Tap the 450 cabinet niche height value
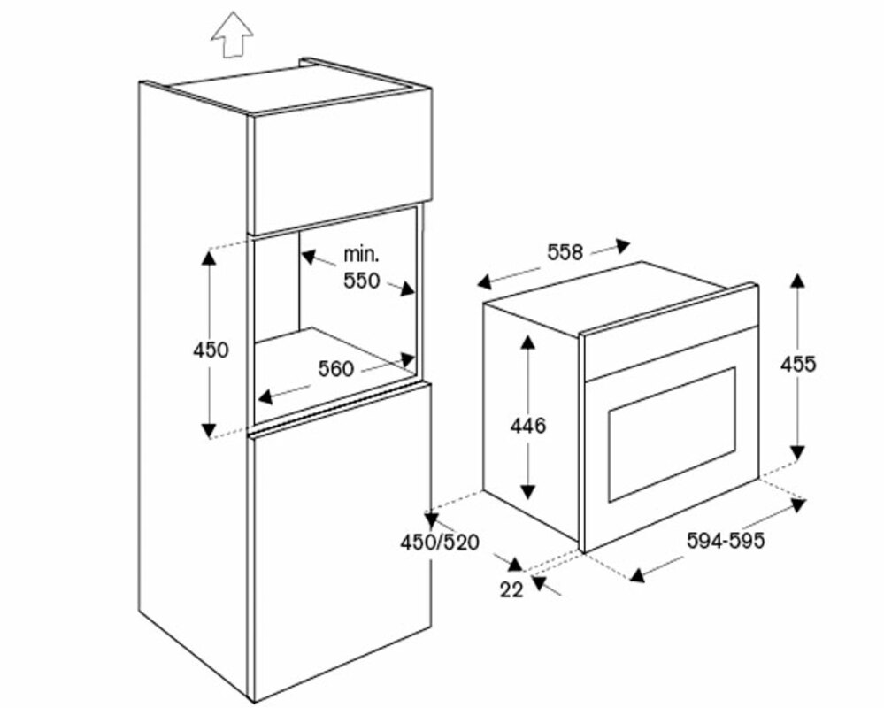211,350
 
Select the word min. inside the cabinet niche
361,255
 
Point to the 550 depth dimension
361,281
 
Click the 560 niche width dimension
335,368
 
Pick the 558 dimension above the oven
565,252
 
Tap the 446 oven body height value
528,426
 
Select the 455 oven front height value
798,363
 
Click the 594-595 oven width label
726,541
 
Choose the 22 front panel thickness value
511,588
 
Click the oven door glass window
671,434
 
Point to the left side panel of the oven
531,416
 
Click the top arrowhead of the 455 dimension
797,281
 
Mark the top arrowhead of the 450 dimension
210,257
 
